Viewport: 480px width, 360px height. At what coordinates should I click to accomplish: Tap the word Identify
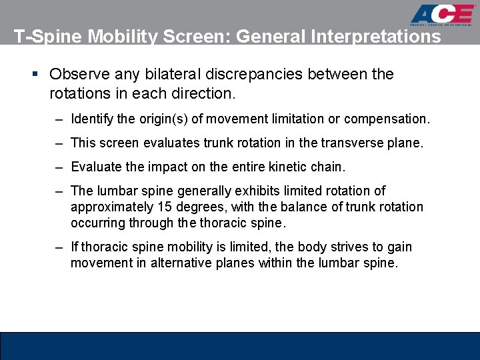93,119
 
